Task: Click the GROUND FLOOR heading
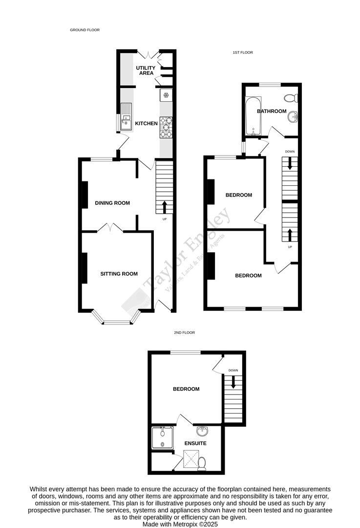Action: click(85, 30)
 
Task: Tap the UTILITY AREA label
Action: click(146, 71)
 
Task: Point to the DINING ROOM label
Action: click(112, 203)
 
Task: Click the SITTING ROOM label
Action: click(119, 274)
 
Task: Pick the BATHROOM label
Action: click(272, 111)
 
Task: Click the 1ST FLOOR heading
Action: click(242, 52)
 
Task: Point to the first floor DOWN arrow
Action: click(290, 165)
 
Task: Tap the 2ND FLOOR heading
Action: click(184, 332)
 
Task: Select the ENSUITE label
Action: click(195, 443)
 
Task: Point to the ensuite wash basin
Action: click(202, 431)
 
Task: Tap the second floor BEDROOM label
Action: click(186, 389)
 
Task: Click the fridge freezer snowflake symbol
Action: click(166, 95)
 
